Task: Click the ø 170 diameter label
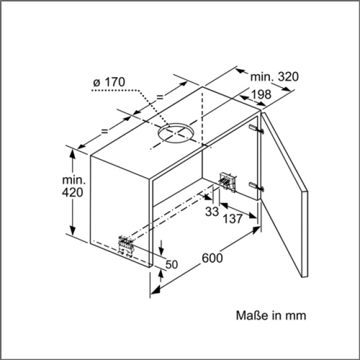point(109,82)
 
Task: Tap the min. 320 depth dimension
point(274,76)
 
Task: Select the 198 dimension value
point(261,94)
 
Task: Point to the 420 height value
point(73,192)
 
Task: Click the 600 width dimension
point(213,258)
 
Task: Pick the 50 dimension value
point(172,264)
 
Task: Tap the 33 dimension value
point(212,211)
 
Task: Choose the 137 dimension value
point(232,219)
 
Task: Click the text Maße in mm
point(271,316)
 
